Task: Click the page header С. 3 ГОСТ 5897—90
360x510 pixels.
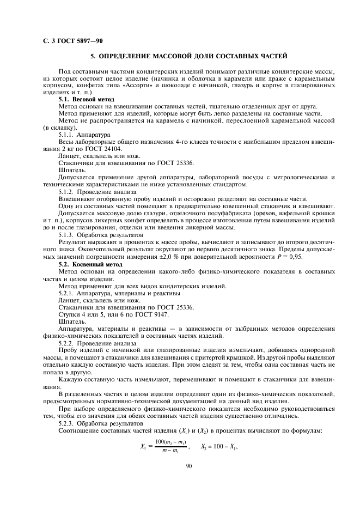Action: tap(72, 41)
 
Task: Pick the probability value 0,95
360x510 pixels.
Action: tap(294, 256)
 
